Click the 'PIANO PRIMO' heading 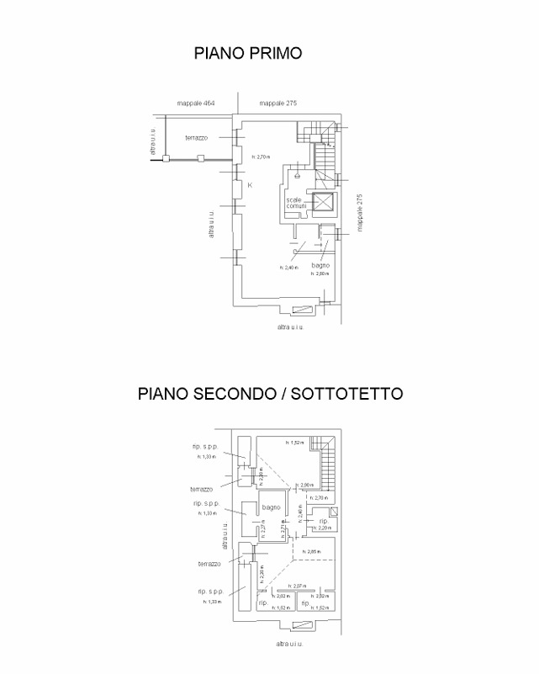coord(248,53)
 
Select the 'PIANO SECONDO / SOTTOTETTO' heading coord(271,393)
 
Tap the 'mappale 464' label coord(196,103)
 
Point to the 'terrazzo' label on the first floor coord(198,136)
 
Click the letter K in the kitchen coord(250,184)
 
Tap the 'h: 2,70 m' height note coord(261,157)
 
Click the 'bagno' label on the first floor coord(320,265)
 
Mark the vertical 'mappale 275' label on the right coord(359,213)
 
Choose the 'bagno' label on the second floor coord(270,507)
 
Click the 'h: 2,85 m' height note coord(312,551)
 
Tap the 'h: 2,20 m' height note coord(319,528)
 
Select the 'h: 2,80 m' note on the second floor coord(306,485)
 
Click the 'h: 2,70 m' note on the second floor coord(320,497)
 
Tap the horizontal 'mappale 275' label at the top coord(278,103)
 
